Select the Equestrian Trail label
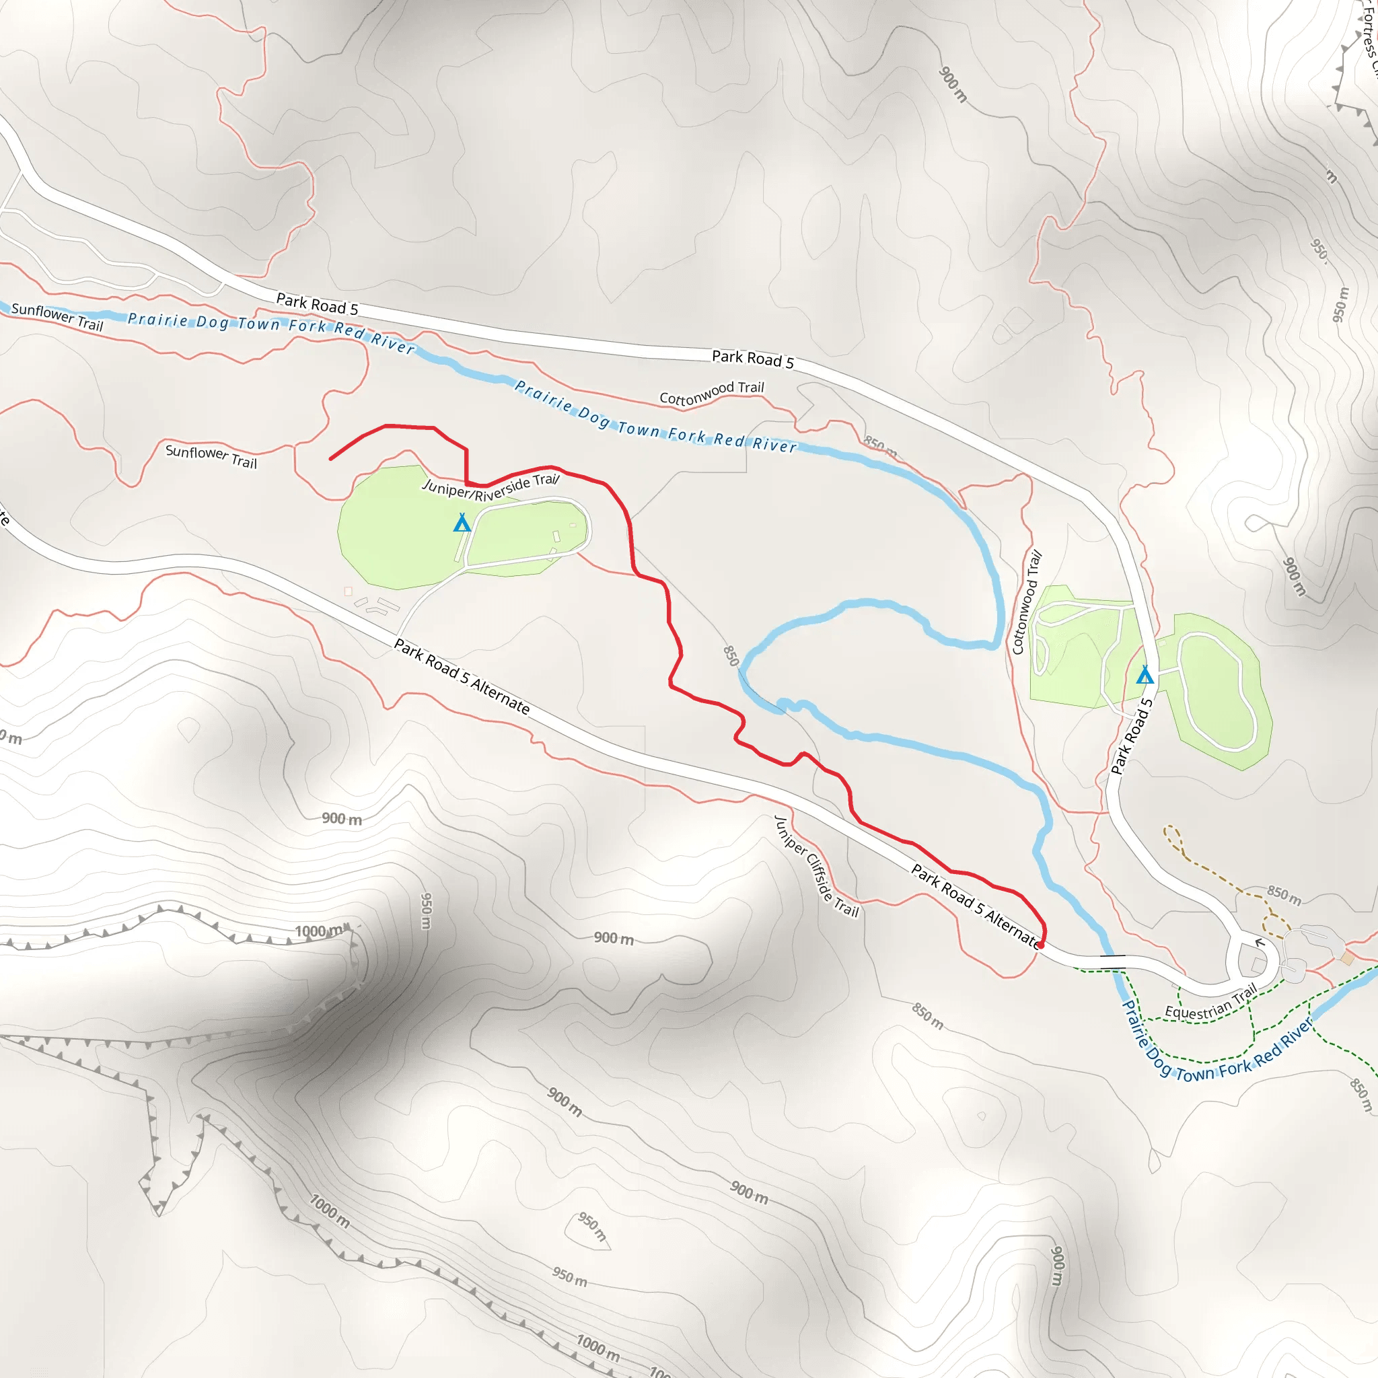[1210, 1002]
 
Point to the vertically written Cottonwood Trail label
[1027, 602]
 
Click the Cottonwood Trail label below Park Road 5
[711, 392]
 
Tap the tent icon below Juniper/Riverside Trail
[462, 523]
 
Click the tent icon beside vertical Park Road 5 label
[1145, 674]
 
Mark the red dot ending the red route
[1041, 945]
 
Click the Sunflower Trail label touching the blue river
[57, 317]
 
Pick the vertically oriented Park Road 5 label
[1132, 737]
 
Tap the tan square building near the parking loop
[1346, 958]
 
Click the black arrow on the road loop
[1260, 943]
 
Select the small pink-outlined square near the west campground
[348, 591]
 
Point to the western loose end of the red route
[330, 460]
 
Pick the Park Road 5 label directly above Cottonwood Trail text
[752, 359]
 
